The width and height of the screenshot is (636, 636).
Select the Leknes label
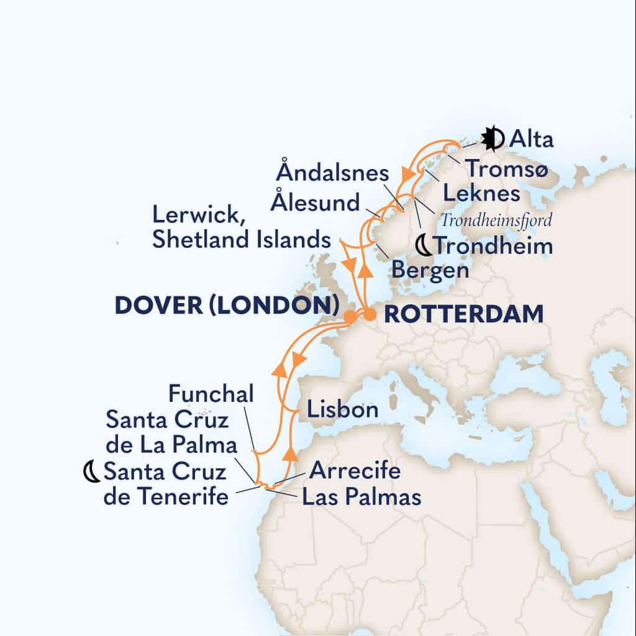click(x=481, y=194)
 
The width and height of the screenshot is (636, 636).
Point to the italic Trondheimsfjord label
click(x=496, y=220)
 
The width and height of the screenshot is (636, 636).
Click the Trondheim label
click(x=493, y=246)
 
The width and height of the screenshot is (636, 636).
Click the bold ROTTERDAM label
click(x=463, y=314)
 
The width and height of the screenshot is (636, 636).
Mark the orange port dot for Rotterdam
click(x=369, y=316)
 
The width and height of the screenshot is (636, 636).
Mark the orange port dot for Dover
click(x=350, y=317)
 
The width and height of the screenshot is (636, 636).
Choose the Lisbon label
click(x=342, y=410)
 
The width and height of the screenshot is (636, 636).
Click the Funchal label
click(x=211, y=394)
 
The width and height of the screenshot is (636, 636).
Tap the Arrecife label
click(x=355, y=470)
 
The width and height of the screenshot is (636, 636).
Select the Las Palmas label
click(x=361, y=497)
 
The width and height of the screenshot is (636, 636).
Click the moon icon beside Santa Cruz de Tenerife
click(x=92, y=473)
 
